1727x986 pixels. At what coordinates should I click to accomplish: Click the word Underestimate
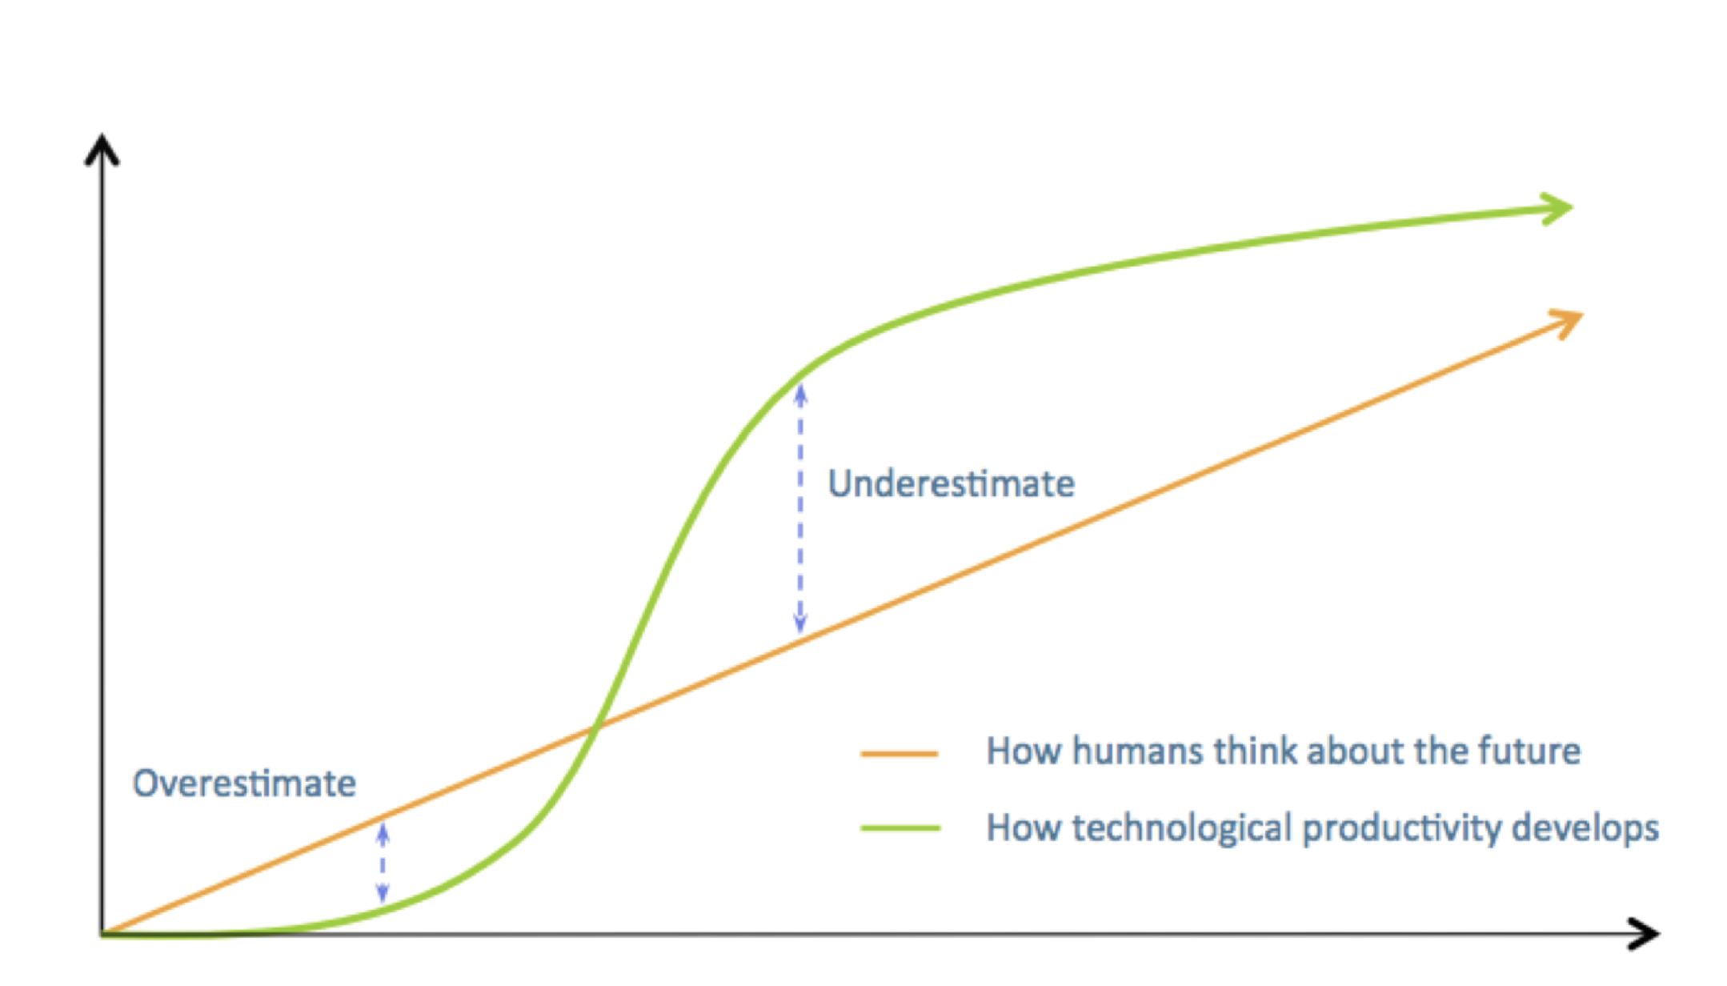[951, 483]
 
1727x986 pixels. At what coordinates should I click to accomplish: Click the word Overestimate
[244, 784]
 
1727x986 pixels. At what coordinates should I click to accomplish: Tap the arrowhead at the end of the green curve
[1557, 208]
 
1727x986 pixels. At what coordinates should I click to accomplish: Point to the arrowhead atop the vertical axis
[102, 149]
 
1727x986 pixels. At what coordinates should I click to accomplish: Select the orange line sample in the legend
[899, 753]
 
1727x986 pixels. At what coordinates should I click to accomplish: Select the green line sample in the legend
[900, 828]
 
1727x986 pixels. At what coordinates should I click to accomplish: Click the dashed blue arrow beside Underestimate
[800, 509]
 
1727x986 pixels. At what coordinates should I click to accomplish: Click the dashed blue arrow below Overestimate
[383, 864]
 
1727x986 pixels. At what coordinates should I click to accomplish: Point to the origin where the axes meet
[102, 934]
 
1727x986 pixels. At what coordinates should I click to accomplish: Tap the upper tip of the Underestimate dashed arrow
[800, 385]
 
